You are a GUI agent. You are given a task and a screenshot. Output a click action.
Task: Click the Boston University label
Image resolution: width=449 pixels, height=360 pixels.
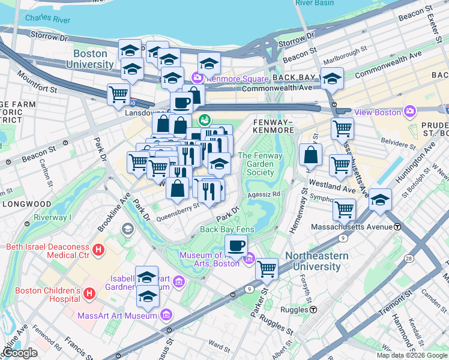click(x=90, y=58)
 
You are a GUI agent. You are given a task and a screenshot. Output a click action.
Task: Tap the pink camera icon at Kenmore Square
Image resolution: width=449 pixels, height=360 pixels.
click(x=197, y=78)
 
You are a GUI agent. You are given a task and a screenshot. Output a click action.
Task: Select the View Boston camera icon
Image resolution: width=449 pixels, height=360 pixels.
click(x=410, y=111)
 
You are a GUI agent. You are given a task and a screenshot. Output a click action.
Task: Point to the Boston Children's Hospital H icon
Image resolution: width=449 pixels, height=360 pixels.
click(x=89, y=293)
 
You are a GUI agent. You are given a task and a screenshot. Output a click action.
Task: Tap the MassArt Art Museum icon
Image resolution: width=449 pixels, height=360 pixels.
click(x=166, y=314)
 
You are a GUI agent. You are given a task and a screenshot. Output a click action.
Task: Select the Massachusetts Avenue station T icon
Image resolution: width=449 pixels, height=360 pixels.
click(x=397, y=227)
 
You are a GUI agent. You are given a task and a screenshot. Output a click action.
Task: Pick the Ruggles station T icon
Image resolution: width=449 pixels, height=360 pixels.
click(x=313, y=310)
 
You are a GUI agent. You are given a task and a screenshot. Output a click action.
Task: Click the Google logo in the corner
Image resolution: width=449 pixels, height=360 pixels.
click(x=19, y=353)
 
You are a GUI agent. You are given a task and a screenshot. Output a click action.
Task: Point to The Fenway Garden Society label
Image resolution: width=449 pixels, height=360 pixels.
click(x=260, y=164)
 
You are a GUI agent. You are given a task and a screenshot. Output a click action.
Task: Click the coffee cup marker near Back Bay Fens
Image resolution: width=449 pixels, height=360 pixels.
click(x=237, y=245)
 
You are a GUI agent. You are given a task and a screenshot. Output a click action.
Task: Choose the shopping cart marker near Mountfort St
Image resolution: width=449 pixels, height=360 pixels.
click(x=118, y=93)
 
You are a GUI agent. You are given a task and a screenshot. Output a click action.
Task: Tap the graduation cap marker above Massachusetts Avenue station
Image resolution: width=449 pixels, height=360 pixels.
click(x=380, y=199)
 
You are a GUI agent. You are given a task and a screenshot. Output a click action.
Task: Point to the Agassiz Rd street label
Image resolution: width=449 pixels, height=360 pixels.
click(x=267, y=194)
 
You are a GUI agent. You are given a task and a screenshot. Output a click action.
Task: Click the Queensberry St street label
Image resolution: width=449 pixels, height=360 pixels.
click(x=178, y=208)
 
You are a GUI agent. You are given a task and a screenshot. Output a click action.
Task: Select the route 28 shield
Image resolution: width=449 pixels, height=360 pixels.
click(x=408, y=258)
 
